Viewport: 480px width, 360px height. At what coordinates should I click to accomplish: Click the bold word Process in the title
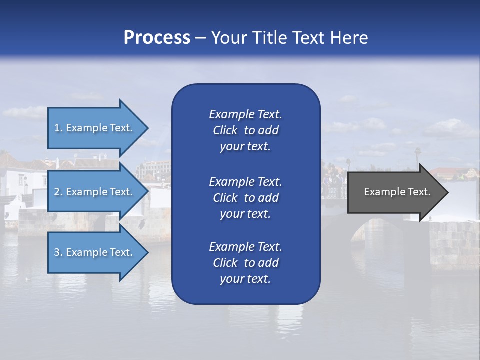coord(157,38)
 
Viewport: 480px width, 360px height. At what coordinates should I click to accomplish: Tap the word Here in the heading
coord(349,38)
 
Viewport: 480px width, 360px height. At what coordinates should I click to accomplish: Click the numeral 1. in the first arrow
coord(58,128)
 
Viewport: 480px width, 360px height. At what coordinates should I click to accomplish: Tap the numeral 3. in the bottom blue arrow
coord(58,252)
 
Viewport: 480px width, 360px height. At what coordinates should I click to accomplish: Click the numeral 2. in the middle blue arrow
coord(58,192)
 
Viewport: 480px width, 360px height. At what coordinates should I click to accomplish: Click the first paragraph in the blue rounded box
coord(245,130)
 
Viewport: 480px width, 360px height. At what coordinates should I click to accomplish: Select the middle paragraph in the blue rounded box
coord(245,198)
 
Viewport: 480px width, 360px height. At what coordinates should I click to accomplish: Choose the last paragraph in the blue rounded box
coord(245,263)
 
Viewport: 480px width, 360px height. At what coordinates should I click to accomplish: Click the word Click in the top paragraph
coord(225,130)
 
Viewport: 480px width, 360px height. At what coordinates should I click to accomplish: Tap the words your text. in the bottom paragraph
coord(245,279)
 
